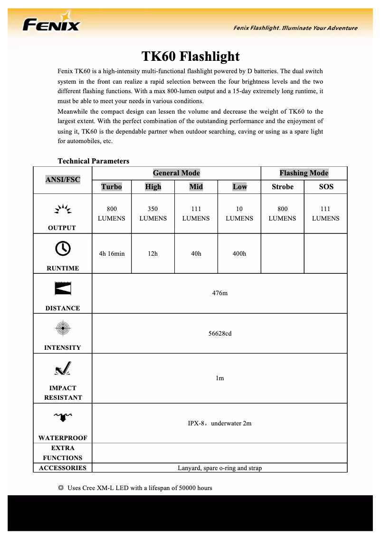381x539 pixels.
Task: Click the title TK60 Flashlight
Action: coord(190,57)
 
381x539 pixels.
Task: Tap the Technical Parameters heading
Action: coord(93,161)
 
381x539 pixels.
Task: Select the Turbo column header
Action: coord(111,187)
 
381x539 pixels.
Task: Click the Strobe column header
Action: coord(282,187)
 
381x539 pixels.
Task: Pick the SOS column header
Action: coord(326,187)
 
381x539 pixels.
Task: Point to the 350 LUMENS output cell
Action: coord(153,213)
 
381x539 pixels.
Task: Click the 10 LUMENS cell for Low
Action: coord(239,213)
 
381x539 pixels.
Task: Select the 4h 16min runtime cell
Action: coord(112,253)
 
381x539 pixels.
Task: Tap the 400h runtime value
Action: coord(239,253)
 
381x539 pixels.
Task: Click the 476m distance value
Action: coord(219,293)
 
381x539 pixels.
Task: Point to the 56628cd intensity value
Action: coord(219,333)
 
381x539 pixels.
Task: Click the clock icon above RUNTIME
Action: coord(63,248)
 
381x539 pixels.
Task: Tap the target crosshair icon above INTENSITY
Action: coord(63,328)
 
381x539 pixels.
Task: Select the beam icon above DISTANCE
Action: coord(63,288)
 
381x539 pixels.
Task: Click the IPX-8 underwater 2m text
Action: coord(219,423)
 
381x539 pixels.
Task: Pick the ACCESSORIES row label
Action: coord(63,468)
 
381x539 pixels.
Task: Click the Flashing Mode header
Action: coord(304,173)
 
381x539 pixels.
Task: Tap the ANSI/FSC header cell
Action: coord(63,180)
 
